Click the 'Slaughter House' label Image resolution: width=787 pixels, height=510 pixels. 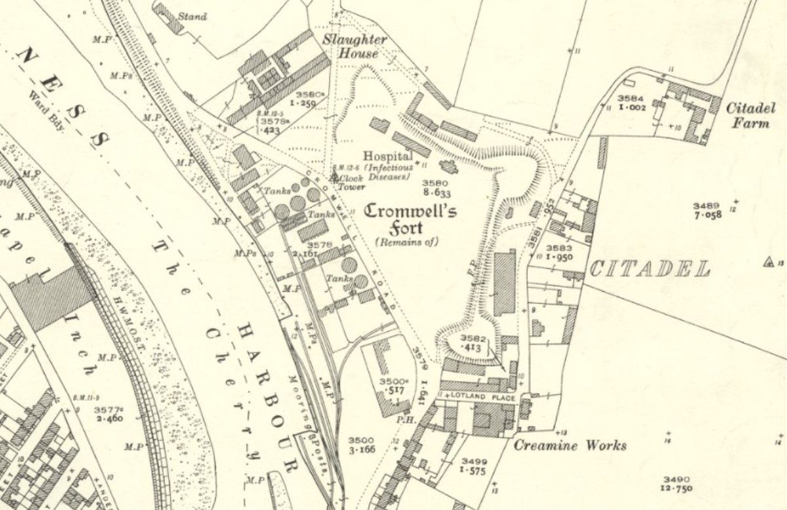[x=354, y=46]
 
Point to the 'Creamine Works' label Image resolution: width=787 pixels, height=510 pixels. [x=569, y=446]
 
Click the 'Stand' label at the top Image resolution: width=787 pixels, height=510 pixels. [x=195, y=16]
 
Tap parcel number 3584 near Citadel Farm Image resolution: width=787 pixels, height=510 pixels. [x=632, y=98]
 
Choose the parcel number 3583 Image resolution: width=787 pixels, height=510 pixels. [x=559, y=248]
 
